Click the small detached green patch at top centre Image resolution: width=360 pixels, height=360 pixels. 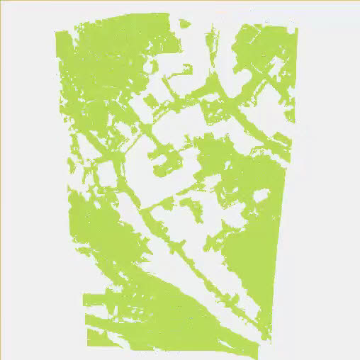[x=185, y=23]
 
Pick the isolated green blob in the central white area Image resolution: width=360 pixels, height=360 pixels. [x=190, y=208]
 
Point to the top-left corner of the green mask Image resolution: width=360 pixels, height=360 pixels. [x=57, y=32]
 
